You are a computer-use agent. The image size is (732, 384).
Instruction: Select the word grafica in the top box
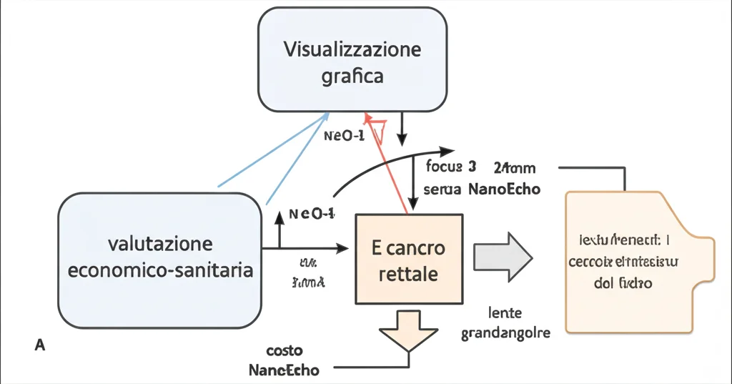[x=352, y=76]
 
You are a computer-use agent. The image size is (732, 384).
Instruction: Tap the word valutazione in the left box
[x=160, y=244]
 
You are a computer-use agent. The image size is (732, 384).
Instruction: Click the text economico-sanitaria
[x=160, y=270]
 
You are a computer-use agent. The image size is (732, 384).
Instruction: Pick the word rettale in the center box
[x=410, y=274]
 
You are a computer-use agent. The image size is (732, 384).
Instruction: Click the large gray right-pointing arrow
[x=503, y=256]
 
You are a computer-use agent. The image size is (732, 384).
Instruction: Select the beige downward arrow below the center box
[x=408, y=330]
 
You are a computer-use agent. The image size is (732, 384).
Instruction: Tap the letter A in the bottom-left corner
[x=40, y=345]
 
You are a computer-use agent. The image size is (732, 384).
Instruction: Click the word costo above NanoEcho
[x=285, y=351]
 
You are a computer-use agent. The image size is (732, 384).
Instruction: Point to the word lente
[x=505, y=312]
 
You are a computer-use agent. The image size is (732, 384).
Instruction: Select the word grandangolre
[x=505, y=333]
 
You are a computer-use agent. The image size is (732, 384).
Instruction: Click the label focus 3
[x=450, y=169]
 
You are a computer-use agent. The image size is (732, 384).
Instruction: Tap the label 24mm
[x=514, y=169]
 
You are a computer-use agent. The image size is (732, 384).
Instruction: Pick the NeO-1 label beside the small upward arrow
[x=312, y=213]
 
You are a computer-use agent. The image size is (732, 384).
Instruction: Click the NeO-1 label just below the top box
[x=345, y=136]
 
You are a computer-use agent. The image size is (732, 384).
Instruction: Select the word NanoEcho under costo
[x=285, y=370]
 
